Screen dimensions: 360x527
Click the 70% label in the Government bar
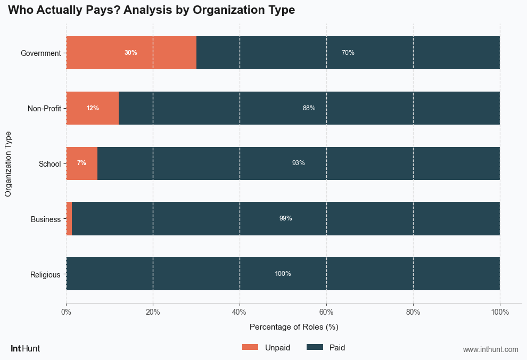(348, 53)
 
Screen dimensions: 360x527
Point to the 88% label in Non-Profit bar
(309, 108)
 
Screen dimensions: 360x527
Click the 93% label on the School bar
(298, 163)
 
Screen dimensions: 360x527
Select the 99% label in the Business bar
(285, 218)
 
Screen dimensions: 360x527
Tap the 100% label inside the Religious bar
(283, 274)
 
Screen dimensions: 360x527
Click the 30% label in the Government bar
(130, 53)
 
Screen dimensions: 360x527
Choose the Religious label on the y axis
(45, 275)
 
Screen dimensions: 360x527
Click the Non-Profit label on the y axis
(44, 109)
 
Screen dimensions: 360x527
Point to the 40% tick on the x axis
(240, 312)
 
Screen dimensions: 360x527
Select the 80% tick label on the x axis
(413, 312)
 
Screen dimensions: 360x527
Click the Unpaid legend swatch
(250, 347)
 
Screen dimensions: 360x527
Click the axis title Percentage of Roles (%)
(294, 326)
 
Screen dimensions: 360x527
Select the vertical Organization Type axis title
(8, 163)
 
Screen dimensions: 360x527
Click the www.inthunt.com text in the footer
(490, 349)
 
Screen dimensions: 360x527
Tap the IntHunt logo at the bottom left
(25, 349)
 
